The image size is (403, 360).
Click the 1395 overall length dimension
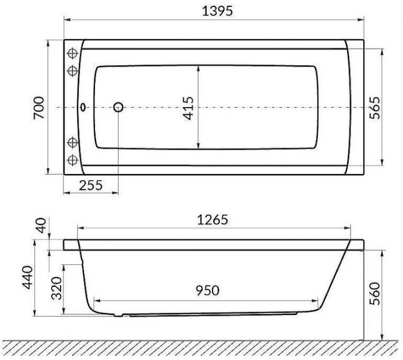[x=217, y=11]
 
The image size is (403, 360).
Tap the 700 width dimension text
[x=39, y=108]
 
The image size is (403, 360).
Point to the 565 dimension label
[x=374, y=108]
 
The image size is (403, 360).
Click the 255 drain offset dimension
[x=91, y=185]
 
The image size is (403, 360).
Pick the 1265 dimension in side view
[x=212, y=219]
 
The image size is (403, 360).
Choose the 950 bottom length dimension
[x=208, y=290]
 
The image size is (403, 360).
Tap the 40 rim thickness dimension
[x=41, y=225]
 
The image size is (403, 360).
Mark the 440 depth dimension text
[x=28, y=278]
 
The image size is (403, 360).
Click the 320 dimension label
[x=57, y=288]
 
